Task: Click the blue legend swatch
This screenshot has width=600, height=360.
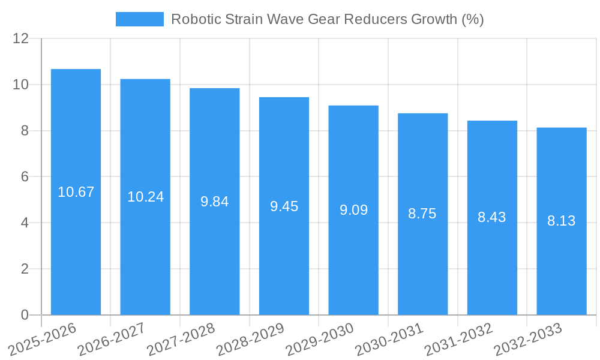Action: click(x=139, y=19)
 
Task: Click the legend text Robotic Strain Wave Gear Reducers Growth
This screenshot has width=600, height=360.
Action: click(x=327, y=19)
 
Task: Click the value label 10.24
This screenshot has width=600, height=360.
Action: click(x=145, y=197)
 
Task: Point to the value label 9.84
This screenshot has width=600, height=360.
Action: click(x=215, y=202)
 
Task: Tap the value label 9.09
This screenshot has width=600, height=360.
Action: click(x=353, y=210)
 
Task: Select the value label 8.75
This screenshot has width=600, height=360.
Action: click(x=422, y=214)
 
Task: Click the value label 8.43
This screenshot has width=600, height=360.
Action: click(x=492, y=217)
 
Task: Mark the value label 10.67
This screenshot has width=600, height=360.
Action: click(x=76, y=192)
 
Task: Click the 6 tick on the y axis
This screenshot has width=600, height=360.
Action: click(x=25, y=177)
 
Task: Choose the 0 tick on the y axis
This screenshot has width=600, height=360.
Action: click(x=25, y=315)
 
